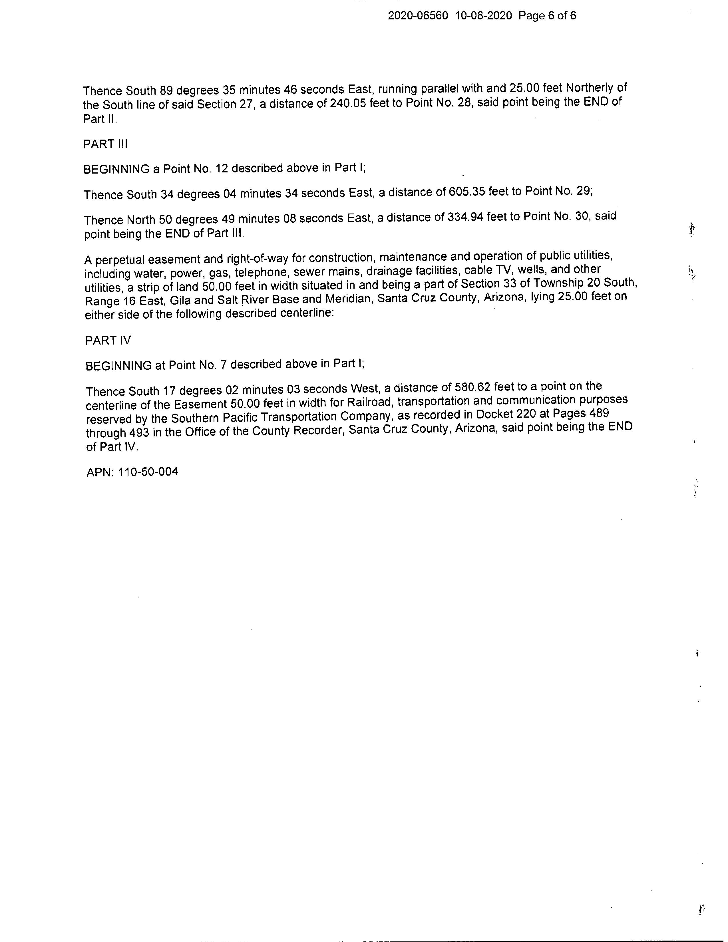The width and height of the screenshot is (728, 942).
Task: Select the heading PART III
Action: [x=105, y=144]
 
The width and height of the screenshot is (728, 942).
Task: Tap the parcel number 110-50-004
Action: [x=148, y=472]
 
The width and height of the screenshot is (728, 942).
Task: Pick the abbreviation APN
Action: [x=100, y=472]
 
